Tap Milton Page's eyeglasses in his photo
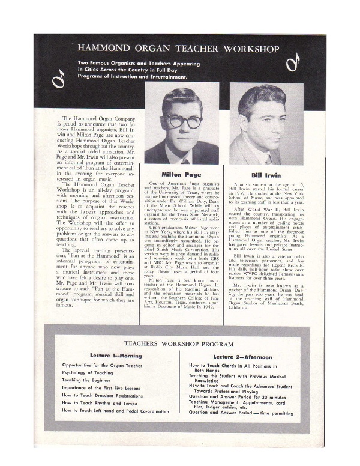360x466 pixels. point(184,121)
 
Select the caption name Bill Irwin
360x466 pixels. point(267,174)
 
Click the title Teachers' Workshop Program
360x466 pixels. point(179,344)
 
